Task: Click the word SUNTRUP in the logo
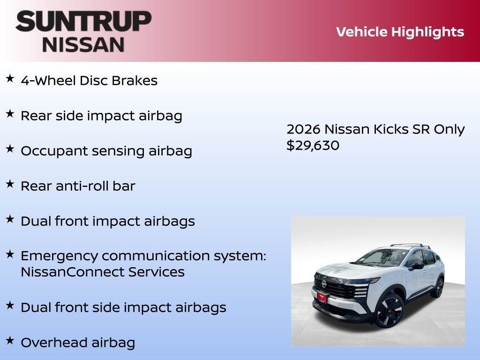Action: (x=83, y=21)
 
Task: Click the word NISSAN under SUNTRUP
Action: (x=83, y=44)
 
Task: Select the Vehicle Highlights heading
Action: (x=400, y=32)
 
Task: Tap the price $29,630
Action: (x=313, y=145)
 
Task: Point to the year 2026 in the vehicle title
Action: (x=303, y=129)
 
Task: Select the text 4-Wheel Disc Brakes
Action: (x=89, y=81)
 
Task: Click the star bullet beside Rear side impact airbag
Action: (x=10, y=114)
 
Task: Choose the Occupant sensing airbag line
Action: (x=106, y=151)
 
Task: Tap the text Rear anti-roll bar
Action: (x=78, y=186)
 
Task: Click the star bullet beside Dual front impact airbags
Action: (x=10, y=219)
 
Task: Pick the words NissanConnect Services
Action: (x=103, y=272)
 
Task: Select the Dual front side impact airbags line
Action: (x=123, y=307)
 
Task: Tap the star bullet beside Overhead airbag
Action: (x=10, y=340)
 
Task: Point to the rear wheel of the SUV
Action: (x=438, y=287)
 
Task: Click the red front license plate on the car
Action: (x=322, y=297)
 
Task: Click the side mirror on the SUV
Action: (x=417, y=266)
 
